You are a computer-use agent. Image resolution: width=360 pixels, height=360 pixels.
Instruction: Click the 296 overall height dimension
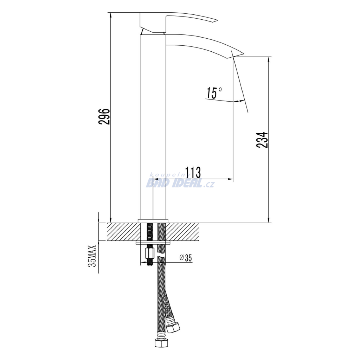coord(104,116)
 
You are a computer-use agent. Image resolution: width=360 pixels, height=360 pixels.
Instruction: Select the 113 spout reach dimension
coord(193,172)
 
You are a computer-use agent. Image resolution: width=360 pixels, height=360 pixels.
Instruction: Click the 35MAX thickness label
coord(92,256)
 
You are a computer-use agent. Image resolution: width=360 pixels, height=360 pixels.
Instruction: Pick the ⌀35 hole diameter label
coord(186,258)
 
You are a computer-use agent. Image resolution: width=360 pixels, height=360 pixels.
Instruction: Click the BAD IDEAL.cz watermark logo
coord(180,183)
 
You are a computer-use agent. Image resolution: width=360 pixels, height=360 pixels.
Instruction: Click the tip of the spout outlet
coord(244,54)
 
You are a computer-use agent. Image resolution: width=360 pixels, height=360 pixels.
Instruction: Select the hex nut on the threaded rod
coord(149,253)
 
